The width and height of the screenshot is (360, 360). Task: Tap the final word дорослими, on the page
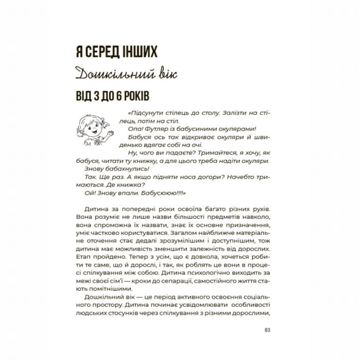click(250, 313)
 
